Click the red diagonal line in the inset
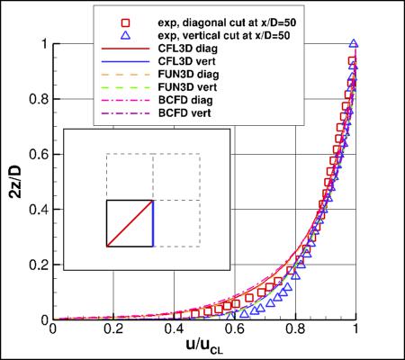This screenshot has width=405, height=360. click(130, 222)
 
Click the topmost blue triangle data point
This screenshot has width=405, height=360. click(354, 43)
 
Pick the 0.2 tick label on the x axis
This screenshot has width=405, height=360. click(114, 331)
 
